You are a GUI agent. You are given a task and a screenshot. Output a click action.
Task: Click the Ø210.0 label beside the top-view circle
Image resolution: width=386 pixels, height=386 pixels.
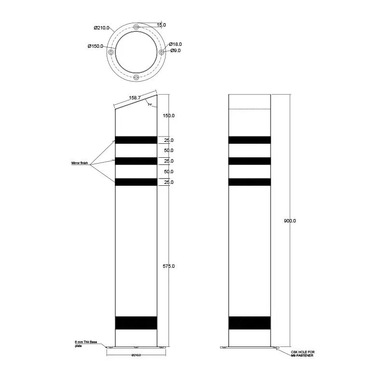[x=101, y=28]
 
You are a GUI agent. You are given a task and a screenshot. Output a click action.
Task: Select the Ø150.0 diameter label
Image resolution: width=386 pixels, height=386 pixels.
[x=96, y=46]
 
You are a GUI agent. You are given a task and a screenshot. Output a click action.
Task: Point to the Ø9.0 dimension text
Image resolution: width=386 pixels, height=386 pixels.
[x=175, y=51]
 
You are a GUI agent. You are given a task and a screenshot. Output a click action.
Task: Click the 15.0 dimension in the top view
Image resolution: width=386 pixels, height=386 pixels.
[x=161, y=25]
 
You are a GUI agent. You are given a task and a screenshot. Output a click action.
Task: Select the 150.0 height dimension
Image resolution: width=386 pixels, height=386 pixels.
[x=168, y=116]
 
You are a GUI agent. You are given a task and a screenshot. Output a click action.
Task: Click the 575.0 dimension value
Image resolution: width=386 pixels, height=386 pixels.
[x=168, y=266]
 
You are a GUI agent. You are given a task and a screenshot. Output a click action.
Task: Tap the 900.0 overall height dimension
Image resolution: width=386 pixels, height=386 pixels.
[x=289, y=221]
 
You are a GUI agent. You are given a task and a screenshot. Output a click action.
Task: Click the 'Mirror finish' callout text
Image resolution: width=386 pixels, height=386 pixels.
[x=80, y=164]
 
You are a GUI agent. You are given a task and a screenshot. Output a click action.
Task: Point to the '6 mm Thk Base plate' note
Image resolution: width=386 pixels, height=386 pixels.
[x=86, y=344]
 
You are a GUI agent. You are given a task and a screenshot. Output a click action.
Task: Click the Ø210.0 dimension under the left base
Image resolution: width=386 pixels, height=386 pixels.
[x=136, y=356]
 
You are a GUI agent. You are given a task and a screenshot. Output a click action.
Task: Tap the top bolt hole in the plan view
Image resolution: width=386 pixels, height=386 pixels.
[x=136, y=27]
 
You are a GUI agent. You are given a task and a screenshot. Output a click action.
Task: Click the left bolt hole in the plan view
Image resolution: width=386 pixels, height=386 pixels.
[x=111, y=52]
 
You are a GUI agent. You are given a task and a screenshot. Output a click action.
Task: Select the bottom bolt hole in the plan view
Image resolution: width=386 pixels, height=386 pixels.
[x=136, y=77]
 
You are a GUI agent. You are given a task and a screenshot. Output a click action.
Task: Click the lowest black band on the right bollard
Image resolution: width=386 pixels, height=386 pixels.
[x=249, y=323]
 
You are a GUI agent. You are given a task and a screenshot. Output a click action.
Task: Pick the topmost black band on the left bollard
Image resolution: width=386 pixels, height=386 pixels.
[x=136, y=140]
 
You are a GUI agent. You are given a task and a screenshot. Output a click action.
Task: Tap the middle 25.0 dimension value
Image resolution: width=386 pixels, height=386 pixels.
[x=168, y=161]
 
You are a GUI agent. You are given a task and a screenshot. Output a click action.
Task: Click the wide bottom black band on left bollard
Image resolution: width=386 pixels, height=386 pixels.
[x=136, y=323]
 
